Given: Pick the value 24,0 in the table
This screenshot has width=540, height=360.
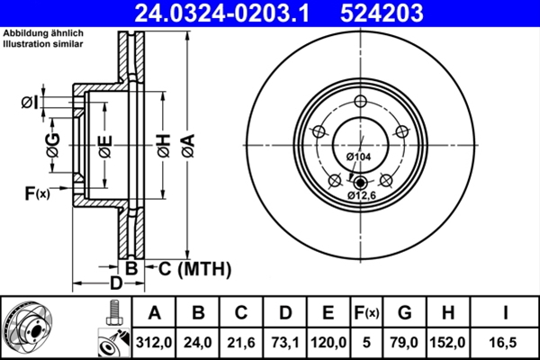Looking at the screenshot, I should point(198,342).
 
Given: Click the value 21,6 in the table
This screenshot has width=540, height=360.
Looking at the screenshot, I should point(241,342).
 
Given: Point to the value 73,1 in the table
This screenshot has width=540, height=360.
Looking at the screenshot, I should point(284,342).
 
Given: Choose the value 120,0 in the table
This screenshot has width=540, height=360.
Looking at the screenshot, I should point(328,342).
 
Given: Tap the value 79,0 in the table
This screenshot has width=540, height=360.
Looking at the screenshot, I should point(406,342).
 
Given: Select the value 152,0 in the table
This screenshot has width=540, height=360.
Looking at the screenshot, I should point(450,342).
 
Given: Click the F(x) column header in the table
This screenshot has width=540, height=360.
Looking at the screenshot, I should point(367,313).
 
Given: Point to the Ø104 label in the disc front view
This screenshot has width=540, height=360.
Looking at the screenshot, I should point(359,157).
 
